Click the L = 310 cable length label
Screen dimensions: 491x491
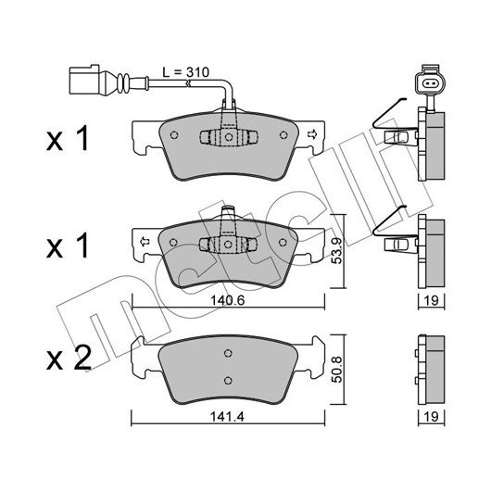pyautogui.click(x=185, y=72)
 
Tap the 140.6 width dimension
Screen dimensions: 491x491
pyautogui.click(x=227, y=300)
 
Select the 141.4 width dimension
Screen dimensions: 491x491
pyautogui.click(x=227, y=417)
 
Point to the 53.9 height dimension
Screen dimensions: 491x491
pyautogui.click(x=337, y=250)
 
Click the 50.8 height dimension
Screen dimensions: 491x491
pyautogui.click(x=337, y=370)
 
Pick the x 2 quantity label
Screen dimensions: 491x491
pyautogui.click(x=69, y=359)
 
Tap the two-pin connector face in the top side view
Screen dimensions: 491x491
pyautogui.click(x=430, y=83)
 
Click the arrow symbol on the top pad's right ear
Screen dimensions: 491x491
pyautogui.click(x=312, y=134)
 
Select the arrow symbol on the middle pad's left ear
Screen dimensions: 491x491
pyautogui.click(x=145, y=242)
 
